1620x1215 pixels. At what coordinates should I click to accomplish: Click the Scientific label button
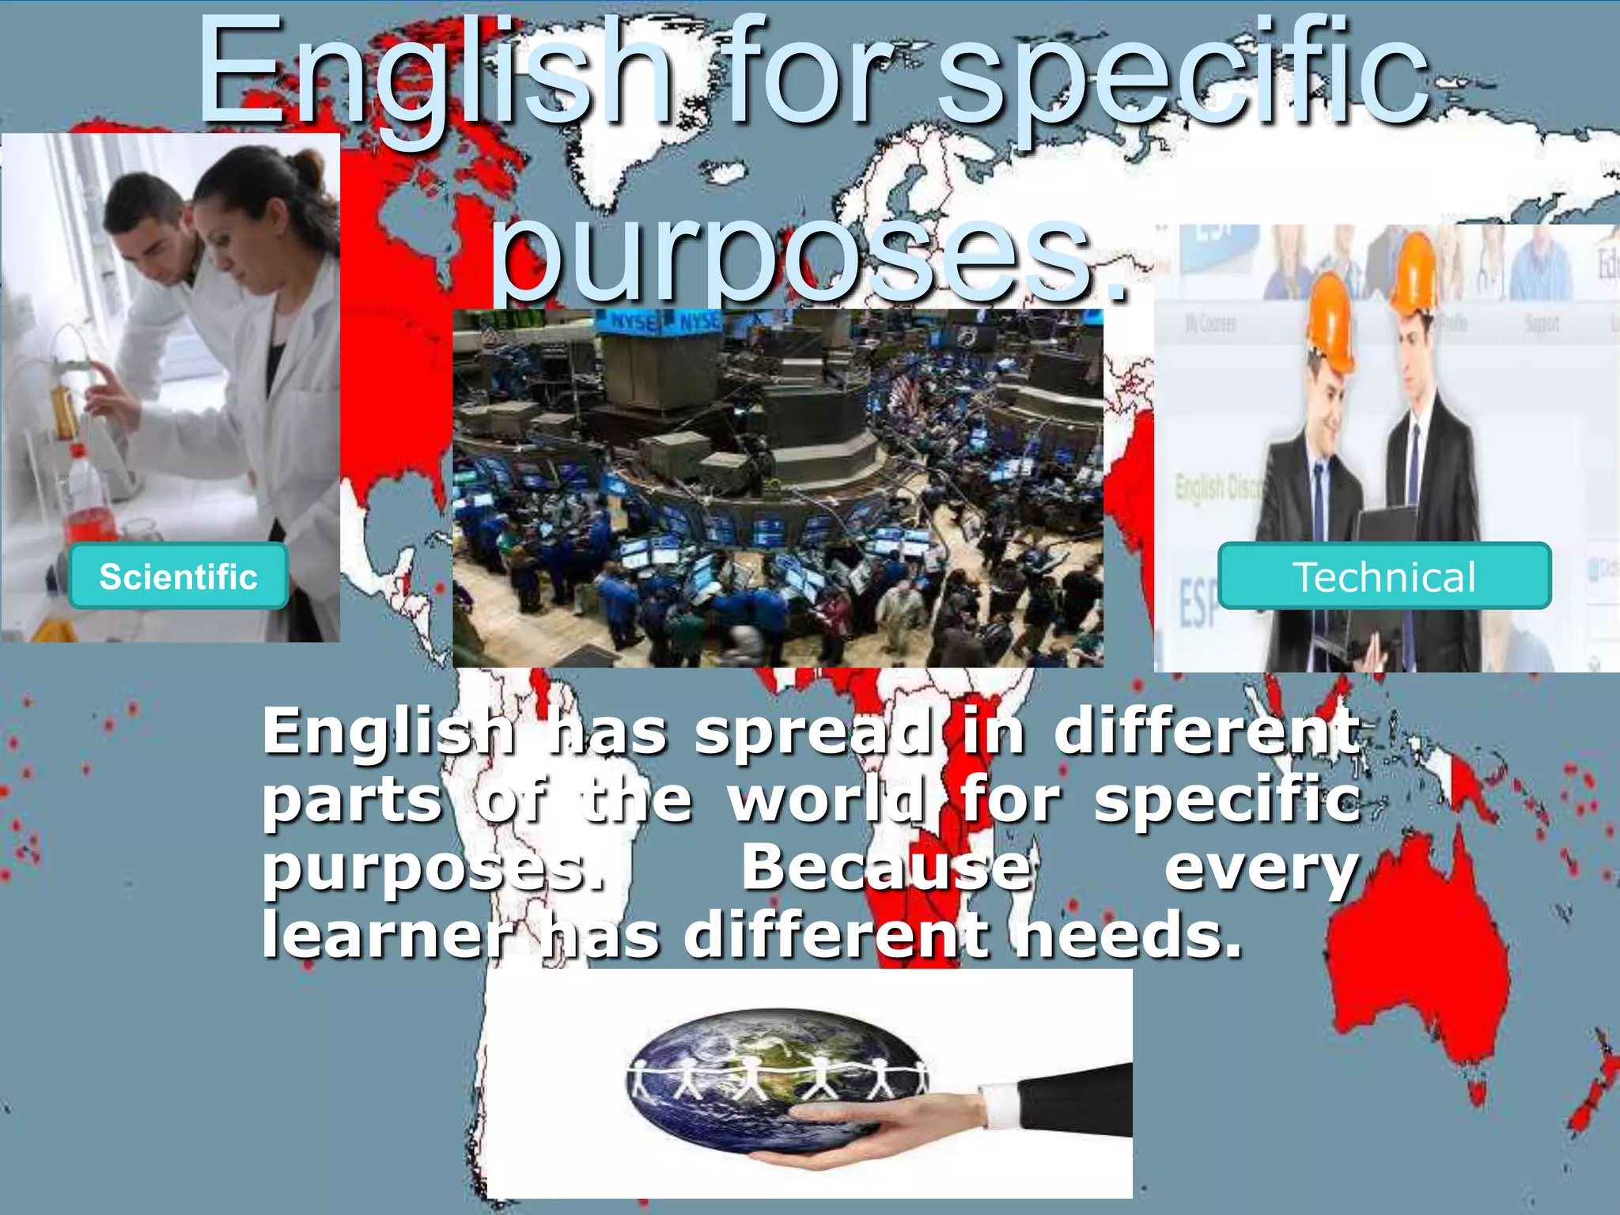(x=178, y=576)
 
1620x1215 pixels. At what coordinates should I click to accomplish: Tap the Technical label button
(x=1383, y=576)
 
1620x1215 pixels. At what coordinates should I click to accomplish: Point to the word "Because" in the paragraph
(x=887, y=867)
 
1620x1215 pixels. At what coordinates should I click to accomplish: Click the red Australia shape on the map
(x=1416, y=949)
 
